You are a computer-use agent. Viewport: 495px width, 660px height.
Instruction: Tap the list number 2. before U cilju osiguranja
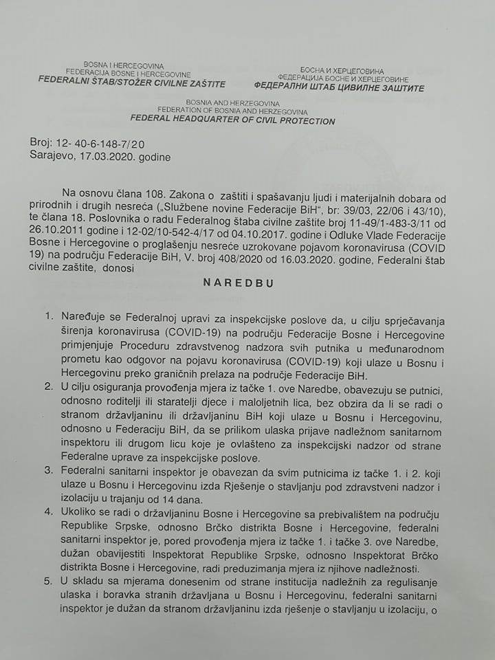[x=48, y=389]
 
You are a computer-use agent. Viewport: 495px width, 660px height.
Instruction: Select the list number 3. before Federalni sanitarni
[x=48, y=472]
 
